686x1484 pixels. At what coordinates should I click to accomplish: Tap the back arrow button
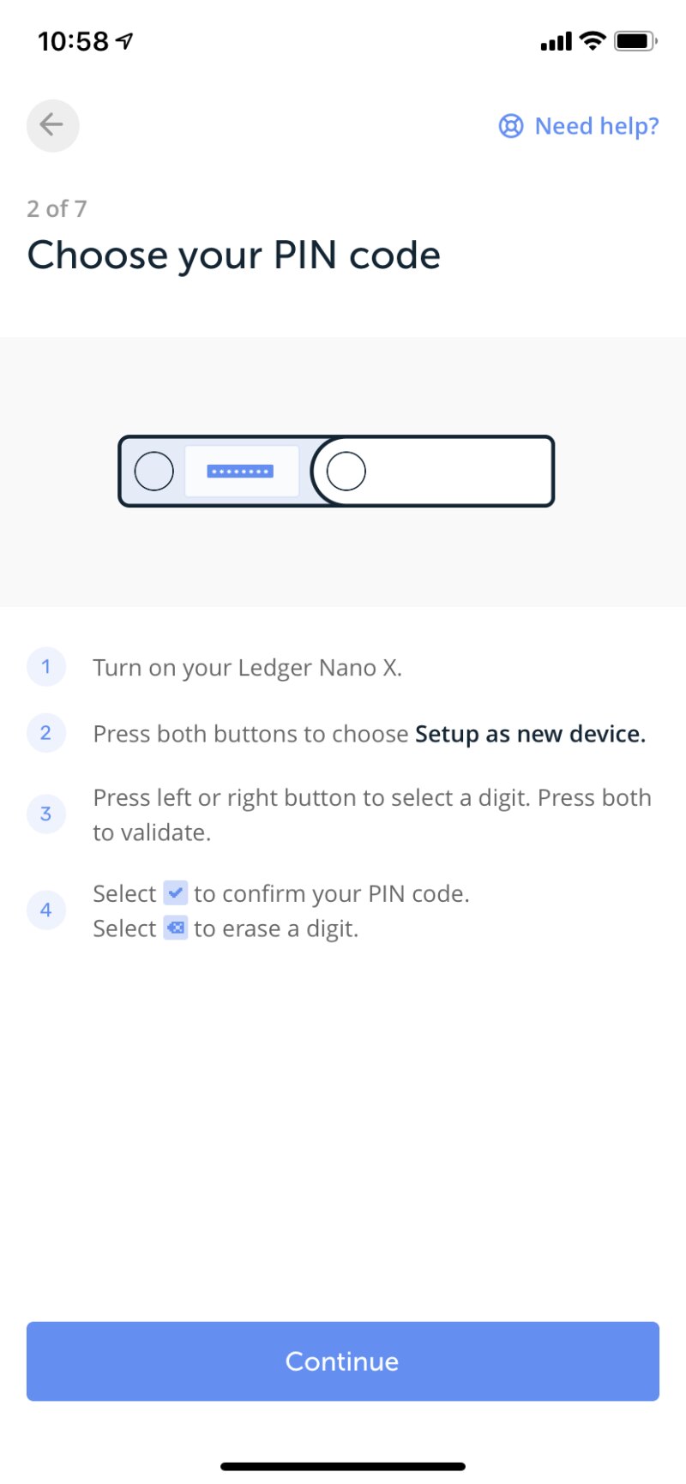coord(52,125)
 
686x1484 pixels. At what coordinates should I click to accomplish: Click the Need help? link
coord(579,126)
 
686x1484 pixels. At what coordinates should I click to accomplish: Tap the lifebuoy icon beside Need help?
coord(511,126)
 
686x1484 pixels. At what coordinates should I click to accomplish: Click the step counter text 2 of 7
coord(57,208)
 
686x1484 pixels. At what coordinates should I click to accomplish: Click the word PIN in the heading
coord(304,255)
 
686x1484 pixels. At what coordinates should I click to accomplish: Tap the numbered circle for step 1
coord(46,667)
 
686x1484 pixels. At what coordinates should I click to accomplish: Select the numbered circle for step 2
coord(46,734)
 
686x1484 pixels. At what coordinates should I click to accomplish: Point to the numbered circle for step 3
coord(46,814)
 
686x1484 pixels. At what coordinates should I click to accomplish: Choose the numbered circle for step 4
coord(46,910)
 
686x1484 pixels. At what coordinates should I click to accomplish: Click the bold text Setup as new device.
coord(530,734)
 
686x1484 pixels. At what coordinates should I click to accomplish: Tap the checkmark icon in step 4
coord(176,893)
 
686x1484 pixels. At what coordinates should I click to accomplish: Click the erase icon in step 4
coord(176,928)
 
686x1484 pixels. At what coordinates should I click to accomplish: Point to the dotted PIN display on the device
coord(240,472)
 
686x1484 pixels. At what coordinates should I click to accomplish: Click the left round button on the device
coord(154,472)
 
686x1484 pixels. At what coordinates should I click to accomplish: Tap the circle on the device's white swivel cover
coord(346,472)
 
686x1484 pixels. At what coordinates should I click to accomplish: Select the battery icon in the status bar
coord(636,40)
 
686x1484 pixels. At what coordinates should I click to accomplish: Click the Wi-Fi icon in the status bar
coord(593,40)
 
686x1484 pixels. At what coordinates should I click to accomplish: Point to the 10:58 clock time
coord(74,41)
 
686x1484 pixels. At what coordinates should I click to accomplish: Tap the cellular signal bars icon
coord(557,41)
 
